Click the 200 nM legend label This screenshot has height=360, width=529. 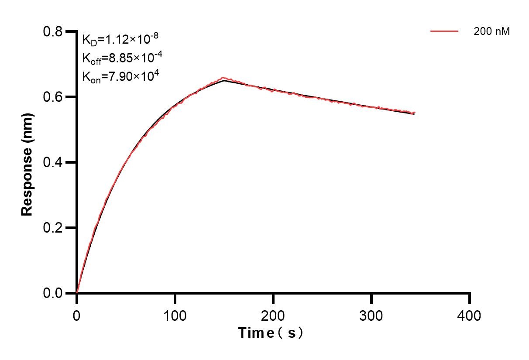[x=491, y=31]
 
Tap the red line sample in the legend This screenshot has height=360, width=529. [x=444, y=31]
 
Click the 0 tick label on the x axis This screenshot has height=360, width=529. [x=77, y=315]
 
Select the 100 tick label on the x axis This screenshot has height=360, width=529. [x=175, y=315]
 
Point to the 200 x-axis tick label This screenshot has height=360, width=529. [x=273, y=315]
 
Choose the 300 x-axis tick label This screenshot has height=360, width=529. [x=371, y=315]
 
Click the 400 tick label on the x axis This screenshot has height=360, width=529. [x=470, y=315]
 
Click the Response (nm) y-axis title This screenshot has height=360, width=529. [x=27, y=162]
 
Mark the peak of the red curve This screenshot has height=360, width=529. [x=223, y=78]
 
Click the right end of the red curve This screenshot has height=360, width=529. [x=415, y=113]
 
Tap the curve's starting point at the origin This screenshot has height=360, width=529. [x=77, y=293]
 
